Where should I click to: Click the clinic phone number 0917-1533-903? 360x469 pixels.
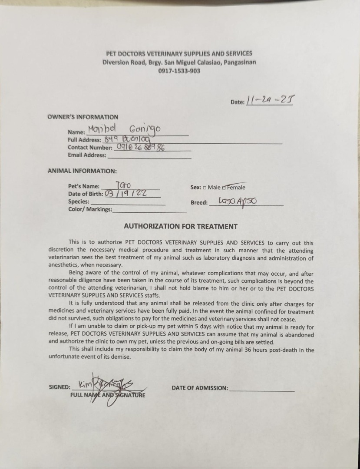pos(179,71)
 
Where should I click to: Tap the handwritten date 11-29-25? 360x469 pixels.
pos(271,101)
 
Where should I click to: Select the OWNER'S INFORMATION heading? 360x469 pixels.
pos(83,117)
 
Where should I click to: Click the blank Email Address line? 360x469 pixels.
pos(149,155)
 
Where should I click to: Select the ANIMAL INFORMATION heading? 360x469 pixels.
pos(82,171)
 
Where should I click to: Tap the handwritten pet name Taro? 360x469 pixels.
pos(123,185)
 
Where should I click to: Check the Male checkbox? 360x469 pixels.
pos(204,188)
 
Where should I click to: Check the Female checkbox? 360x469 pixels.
pos(224,188)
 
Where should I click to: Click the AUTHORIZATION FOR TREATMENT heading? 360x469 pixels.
pos(181,226)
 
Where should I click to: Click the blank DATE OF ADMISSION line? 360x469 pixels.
pos(261,388)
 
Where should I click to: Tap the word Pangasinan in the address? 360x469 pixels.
pos(239,62)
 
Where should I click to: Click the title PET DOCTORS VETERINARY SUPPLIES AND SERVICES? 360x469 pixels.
pos(179,54)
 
